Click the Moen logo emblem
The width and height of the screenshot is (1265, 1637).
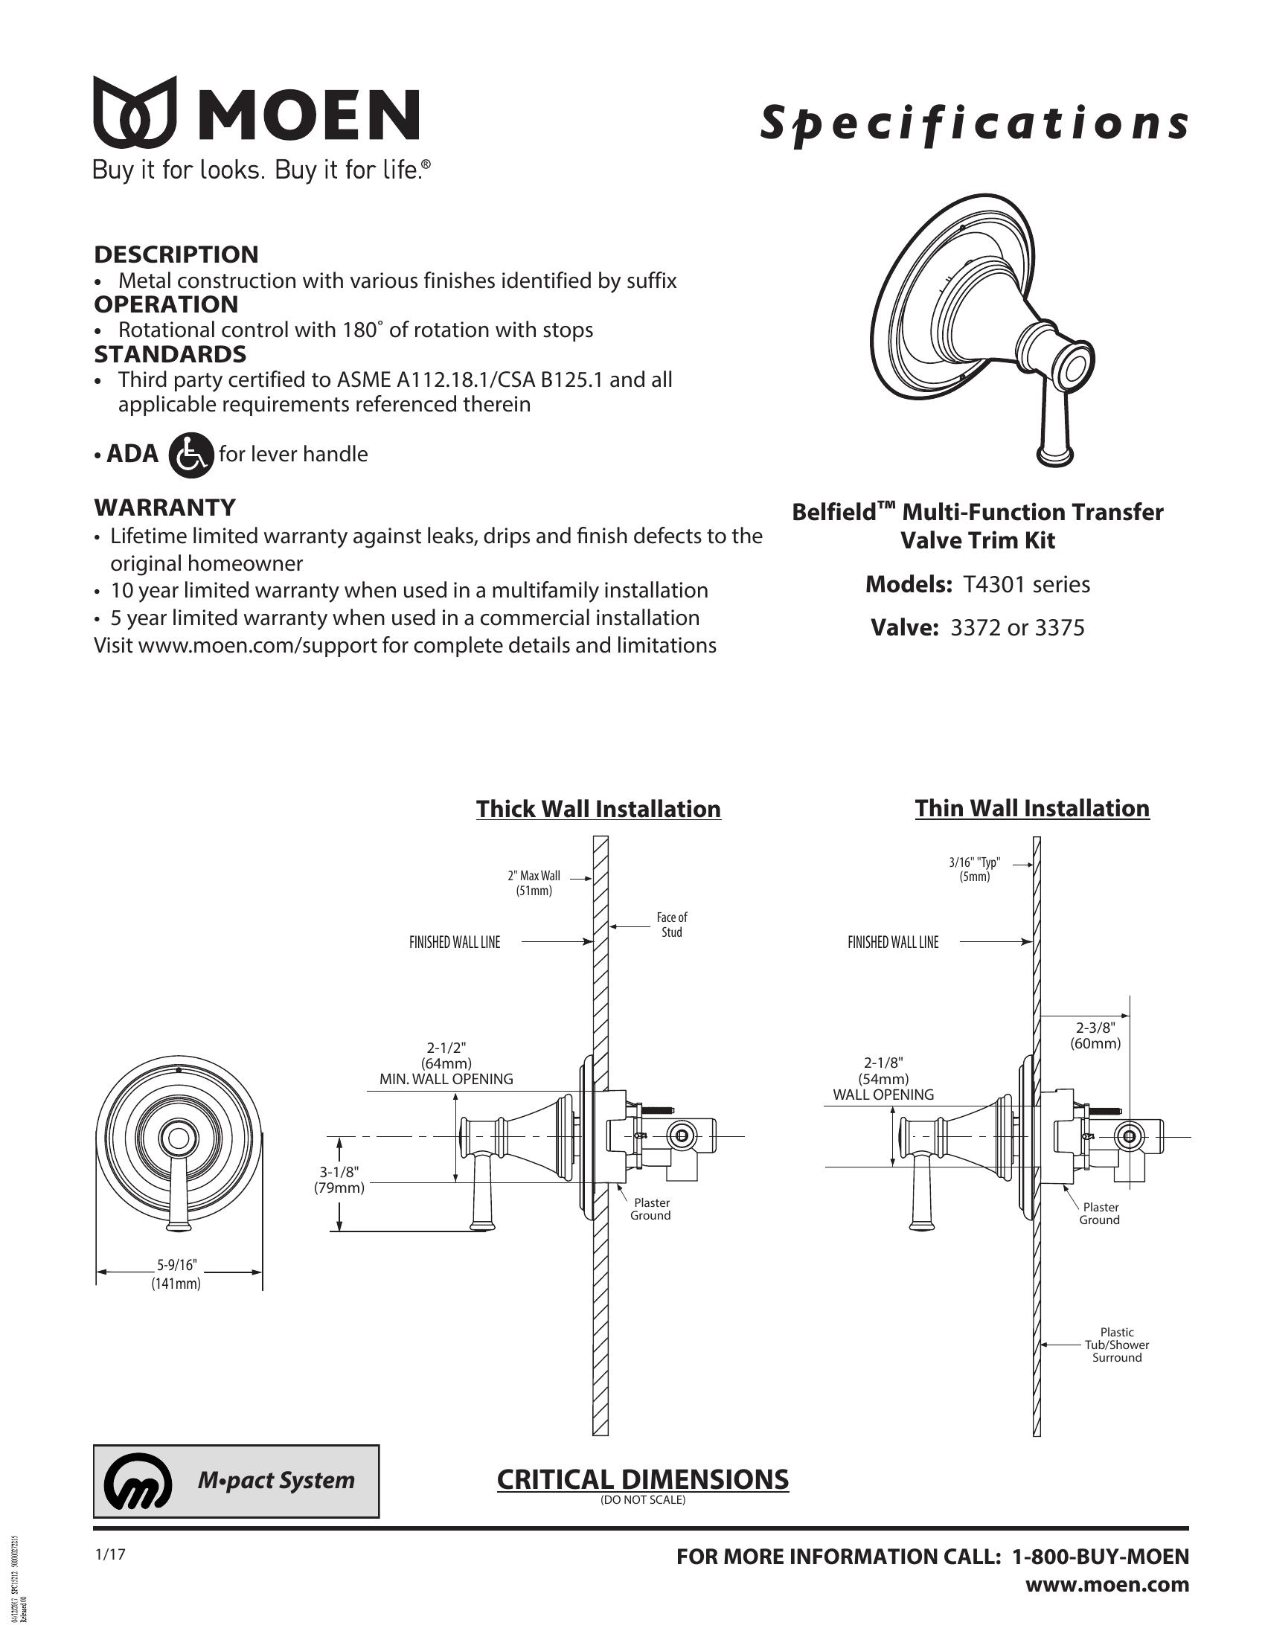135,112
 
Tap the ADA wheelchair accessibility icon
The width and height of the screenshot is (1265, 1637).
191,455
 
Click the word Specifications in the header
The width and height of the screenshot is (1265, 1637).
973,124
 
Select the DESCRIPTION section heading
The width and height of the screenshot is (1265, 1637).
176,254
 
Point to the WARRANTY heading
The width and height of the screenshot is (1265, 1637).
165,507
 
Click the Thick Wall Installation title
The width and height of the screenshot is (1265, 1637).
598,809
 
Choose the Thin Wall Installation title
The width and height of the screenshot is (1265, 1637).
1032,808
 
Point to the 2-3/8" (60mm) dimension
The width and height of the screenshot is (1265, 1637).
1095,1035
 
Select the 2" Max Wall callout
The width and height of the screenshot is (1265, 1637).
534,883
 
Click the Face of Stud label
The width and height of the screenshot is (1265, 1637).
671,924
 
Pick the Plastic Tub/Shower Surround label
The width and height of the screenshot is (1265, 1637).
1117,1345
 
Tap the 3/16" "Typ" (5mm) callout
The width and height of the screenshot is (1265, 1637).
974,869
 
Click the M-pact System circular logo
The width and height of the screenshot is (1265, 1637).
132,1481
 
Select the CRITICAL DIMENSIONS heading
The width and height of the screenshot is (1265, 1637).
642,1479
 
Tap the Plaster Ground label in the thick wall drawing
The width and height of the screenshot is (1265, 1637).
650,1209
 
